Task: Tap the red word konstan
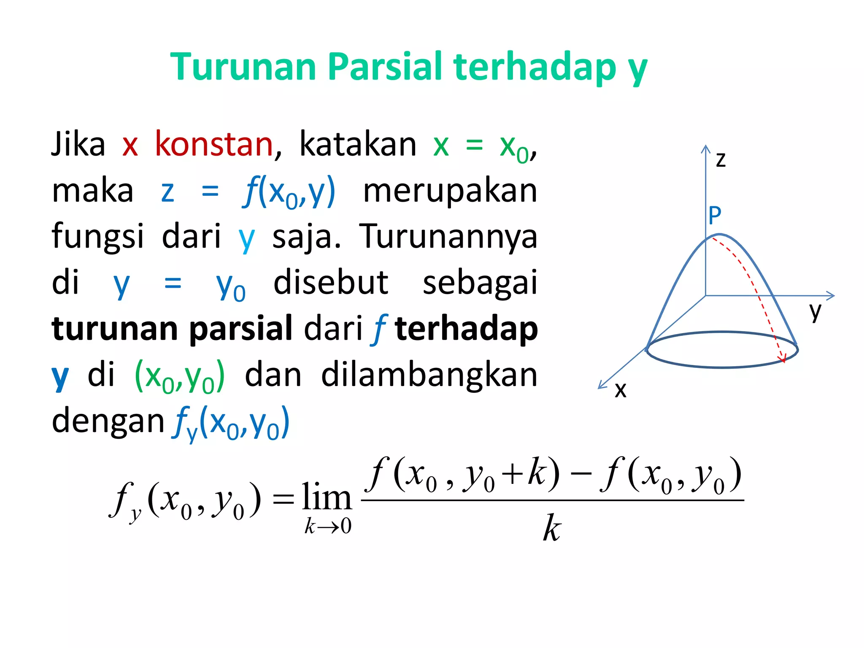[214, 144]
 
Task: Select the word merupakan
[450, 191]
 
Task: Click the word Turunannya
[448, 237]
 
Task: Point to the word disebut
[331, 283]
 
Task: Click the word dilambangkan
[429, 375]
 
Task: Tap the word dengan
[108, 421]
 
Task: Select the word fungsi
[97, 236]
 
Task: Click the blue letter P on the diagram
[715, 216]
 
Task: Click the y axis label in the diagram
[815, 311]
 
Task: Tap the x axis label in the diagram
[620, 390]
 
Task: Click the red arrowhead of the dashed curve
[783, 359]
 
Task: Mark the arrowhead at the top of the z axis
[705, 148]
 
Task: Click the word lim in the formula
[327, 498]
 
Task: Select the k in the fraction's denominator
[552, 528]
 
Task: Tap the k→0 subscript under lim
[328, 526]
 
